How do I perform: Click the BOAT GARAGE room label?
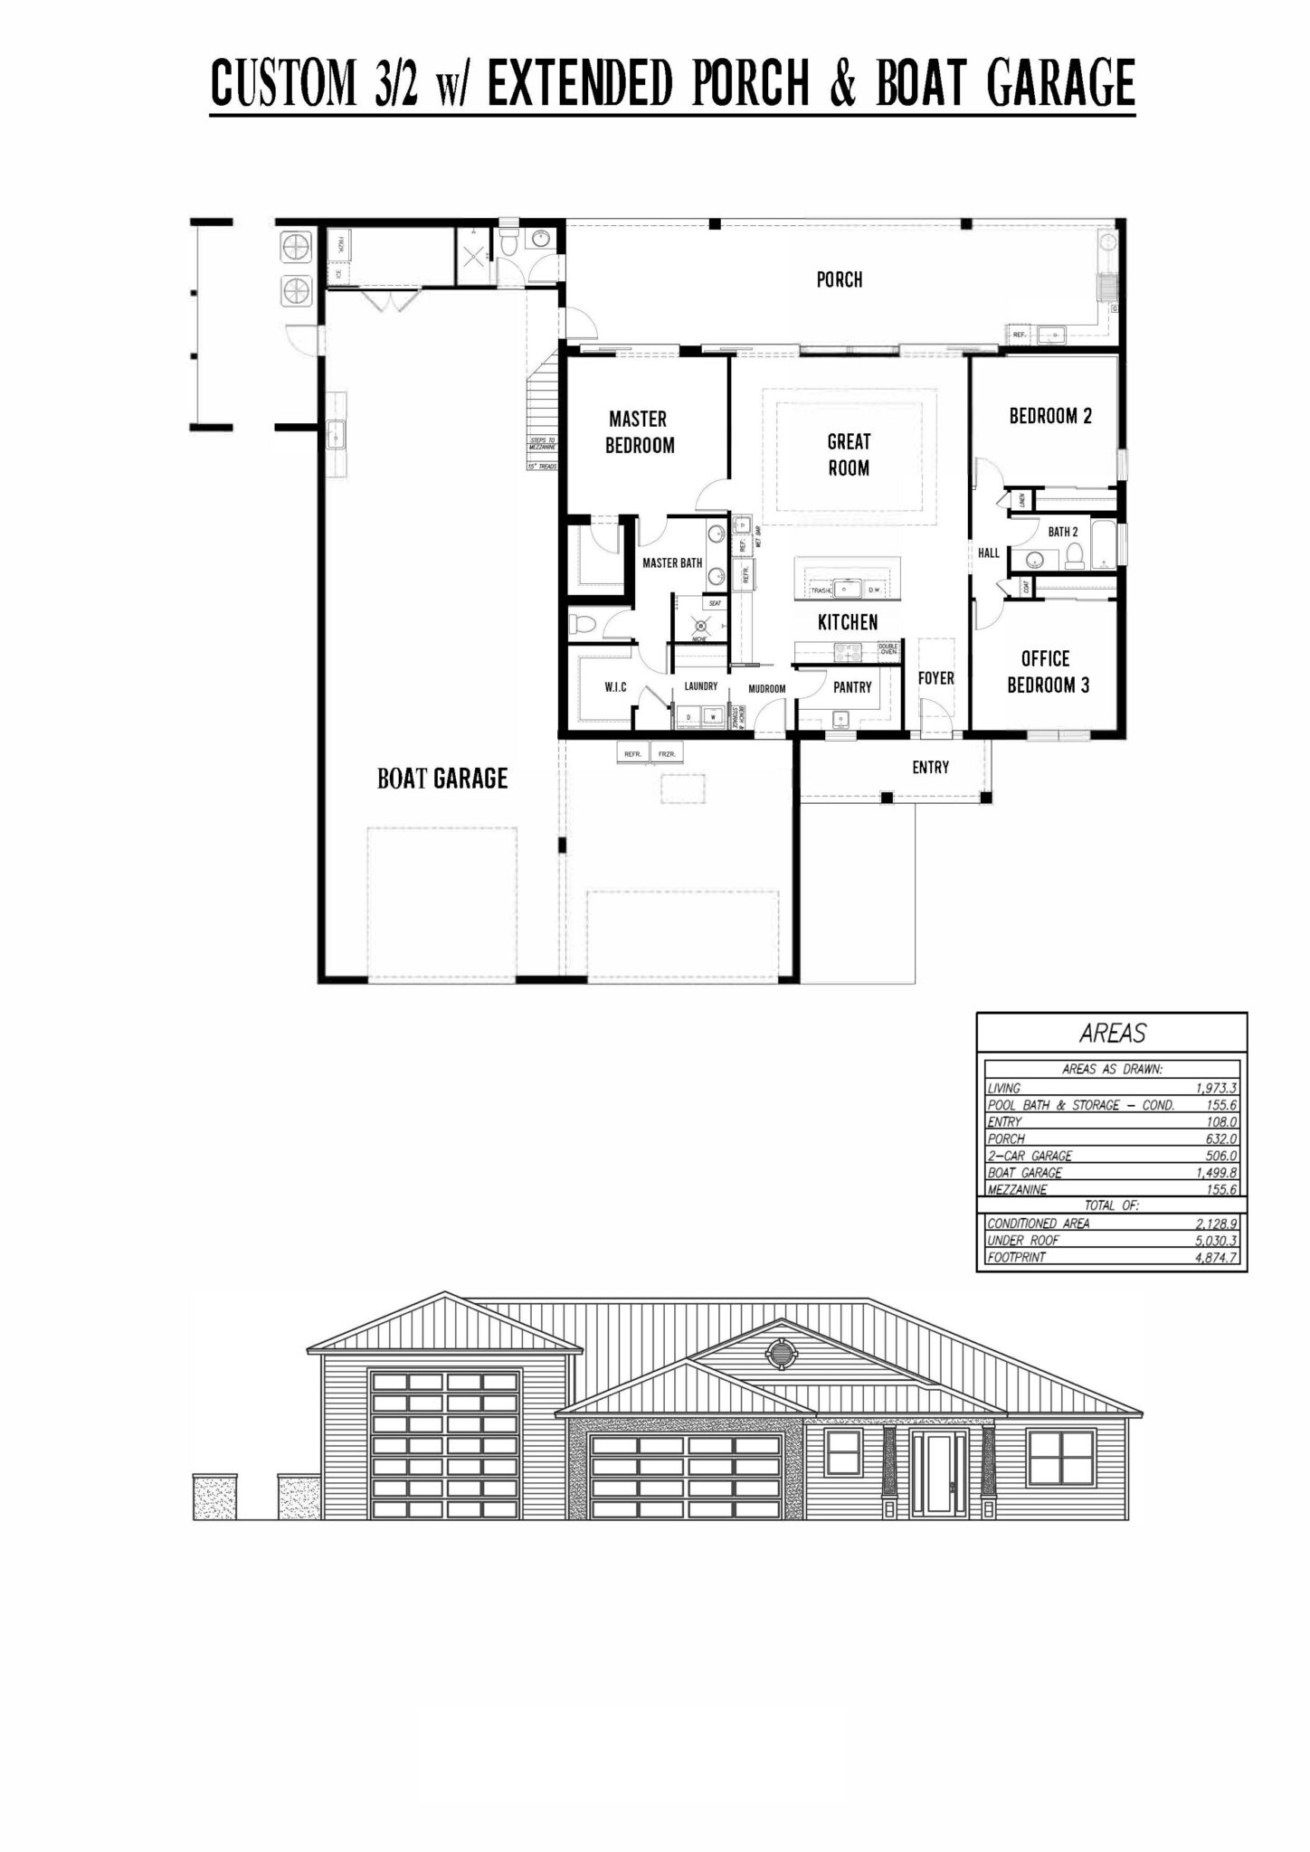(x=442, y=778)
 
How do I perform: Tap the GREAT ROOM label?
(x=849, y=455)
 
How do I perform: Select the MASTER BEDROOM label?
(x=639, y=432)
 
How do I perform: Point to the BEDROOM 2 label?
(x=1050, y=416)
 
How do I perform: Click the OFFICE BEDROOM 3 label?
(x=1047, y=672)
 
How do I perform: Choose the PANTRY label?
(x=852, y=687)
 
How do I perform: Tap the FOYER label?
(x=935, y=677)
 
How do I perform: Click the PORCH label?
(x=840, y=279)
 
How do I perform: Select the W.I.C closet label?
(x=615, y=688)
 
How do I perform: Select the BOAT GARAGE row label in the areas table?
(x=1025, y=1173)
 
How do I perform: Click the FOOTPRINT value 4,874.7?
(x=1215, y=1258)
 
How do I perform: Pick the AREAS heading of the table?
(x=1112, y=1033)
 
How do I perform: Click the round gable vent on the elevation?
(x=778, y=1353)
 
